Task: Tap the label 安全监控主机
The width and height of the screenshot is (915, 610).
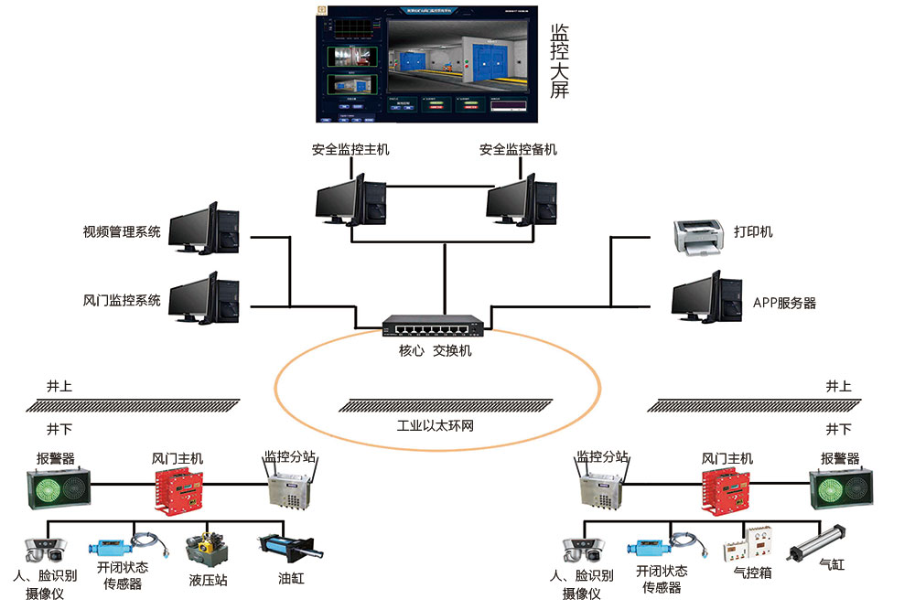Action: [x=350, y=150]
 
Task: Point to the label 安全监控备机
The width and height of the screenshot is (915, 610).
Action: [x=518, y=150]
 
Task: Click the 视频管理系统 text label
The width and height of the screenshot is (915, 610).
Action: [x=122, y=232]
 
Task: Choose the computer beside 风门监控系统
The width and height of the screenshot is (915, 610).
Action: [x=205, y=299]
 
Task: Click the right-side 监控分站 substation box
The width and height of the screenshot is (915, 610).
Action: [x=602, y=489]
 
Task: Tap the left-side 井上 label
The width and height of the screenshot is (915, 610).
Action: [x=59, y=387]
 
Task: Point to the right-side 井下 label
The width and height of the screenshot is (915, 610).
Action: [x=838, y=429]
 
